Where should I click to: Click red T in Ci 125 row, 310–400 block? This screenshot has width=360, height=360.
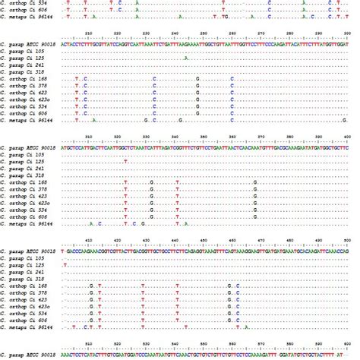point(125,161)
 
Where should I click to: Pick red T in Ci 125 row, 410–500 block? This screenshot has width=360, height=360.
point(66,264)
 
